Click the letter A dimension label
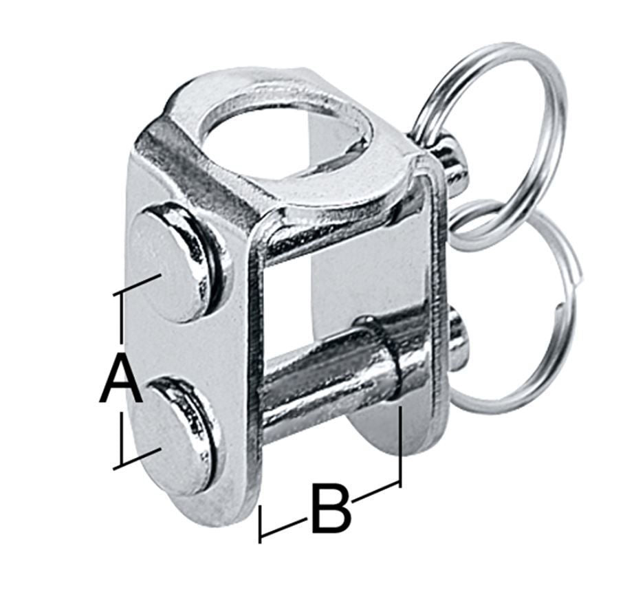[x=121, y=381]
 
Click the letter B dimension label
[x=330, y=509]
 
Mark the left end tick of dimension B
[x=260, y=525]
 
